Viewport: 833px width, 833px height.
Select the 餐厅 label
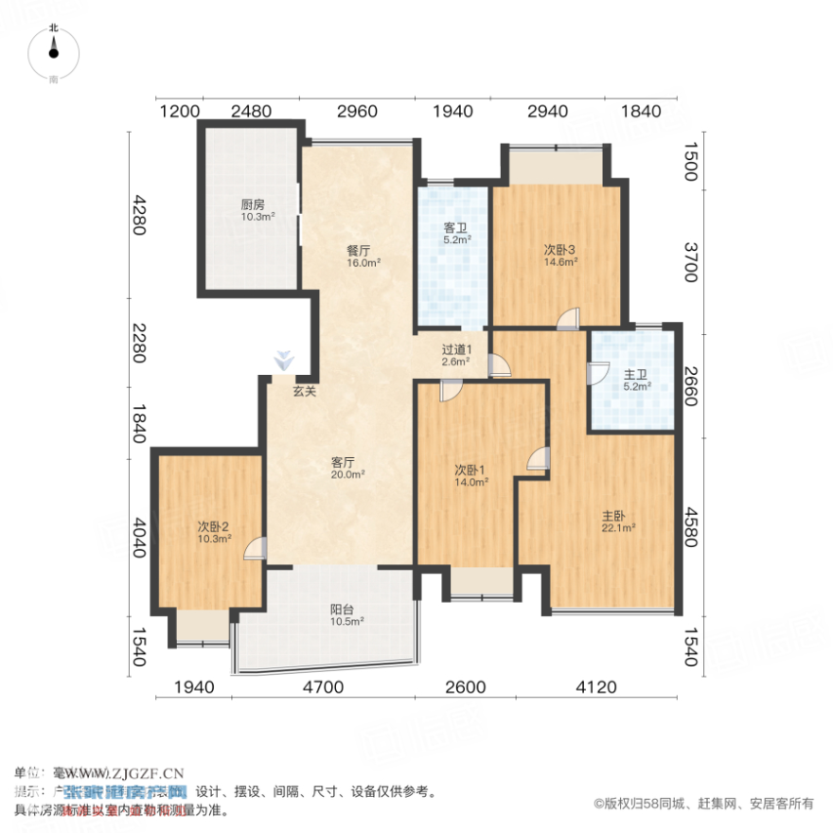point(357,252)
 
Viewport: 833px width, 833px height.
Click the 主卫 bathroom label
point(635,375)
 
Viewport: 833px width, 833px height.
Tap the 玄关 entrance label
point(304,390)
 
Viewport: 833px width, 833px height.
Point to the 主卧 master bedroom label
point(613,517)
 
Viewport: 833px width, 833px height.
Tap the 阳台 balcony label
point(342,611)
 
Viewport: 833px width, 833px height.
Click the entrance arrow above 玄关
point(283,361)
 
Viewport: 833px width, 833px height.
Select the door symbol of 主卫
point(596,372)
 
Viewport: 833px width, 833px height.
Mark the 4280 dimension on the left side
point(140,216)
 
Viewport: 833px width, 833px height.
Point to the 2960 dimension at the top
point(357,112)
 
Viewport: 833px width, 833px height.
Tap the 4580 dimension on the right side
point(690,528)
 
